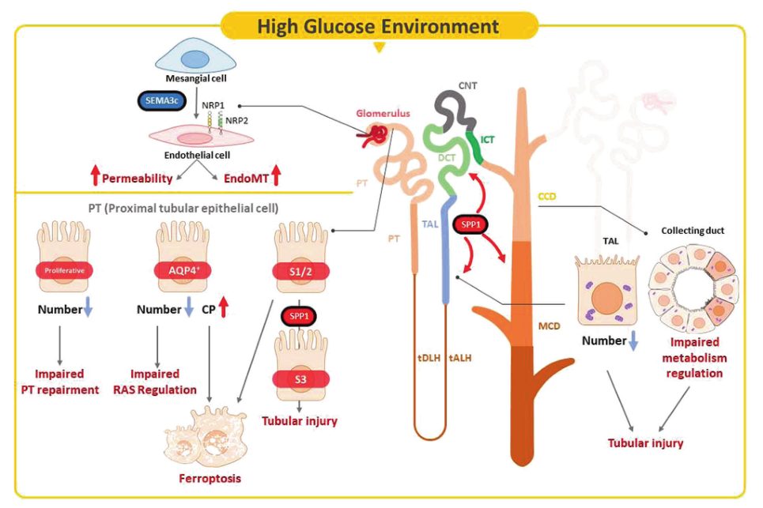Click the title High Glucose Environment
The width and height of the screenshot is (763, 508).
click(378, 25)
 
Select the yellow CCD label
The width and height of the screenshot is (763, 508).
click(546, 194)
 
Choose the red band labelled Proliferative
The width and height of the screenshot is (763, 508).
click(64, 271)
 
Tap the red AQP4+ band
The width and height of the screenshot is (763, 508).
click(182, 270)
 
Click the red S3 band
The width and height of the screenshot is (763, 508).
click(300, 378)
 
